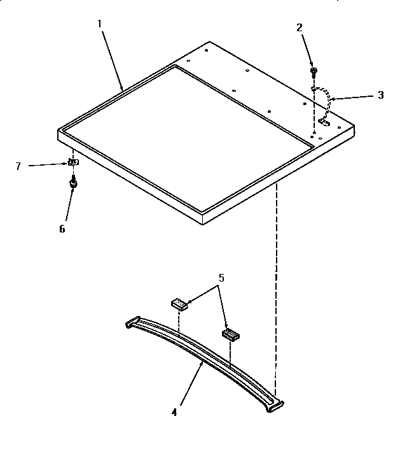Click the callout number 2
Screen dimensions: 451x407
[300, 27]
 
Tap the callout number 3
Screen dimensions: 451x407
[380, 95]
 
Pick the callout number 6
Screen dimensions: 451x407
[62, 229]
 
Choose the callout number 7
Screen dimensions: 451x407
[18, 166]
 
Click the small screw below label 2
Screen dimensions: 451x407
[313, 69]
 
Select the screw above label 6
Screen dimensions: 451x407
[73, 183]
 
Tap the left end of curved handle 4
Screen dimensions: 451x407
[132, 323]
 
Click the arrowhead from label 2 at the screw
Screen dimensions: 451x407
[313, 64]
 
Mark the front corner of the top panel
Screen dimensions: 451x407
[203, 222]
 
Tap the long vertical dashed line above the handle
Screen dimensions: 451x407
[276, 287]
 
